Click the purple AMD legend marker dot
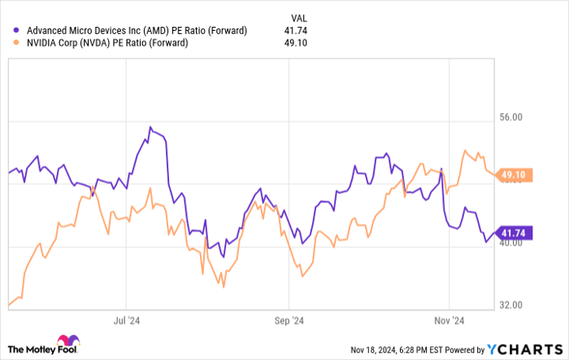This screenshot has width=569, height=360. [16, 31]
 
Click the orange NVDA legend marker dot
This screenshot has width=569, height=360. [16, 43]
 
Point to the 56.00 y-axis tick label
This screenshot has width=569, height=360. [511, 118]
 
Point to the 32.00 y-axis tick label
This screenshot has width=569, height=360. [511, 306]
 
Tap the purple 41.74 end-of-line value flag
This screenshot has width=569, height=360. [514, 233]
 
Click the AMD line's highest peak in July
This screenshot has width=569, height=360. [150, 128]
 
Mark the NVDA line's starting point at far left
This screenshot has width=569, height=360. [9, 306]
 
